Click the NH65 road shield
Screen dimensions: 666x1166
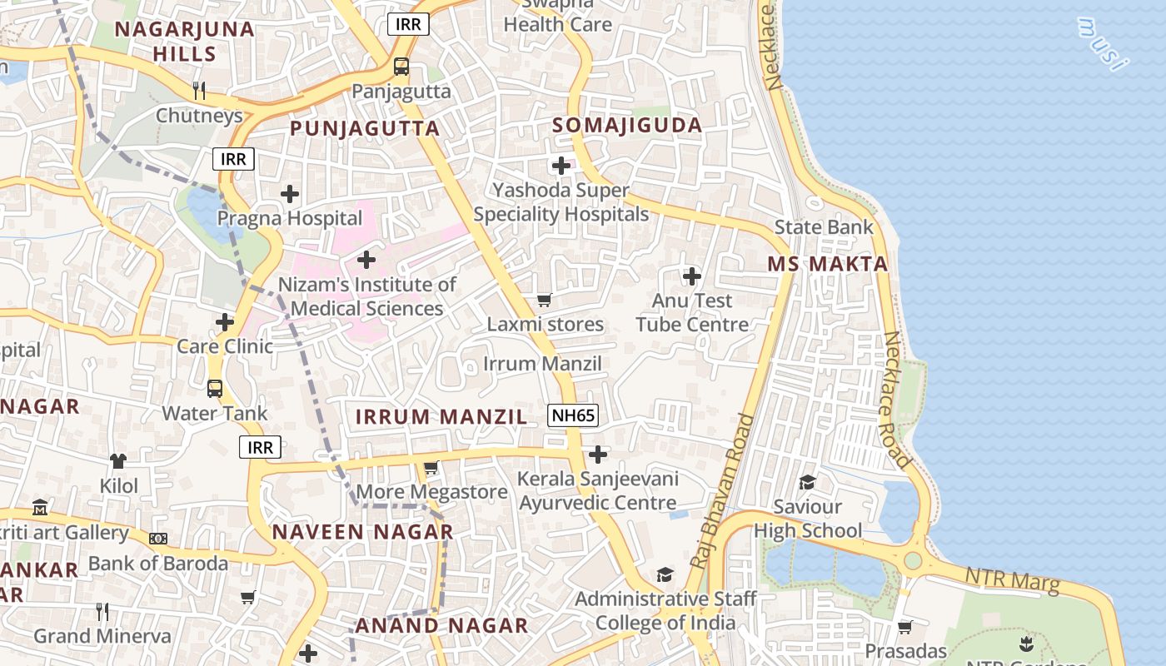574,415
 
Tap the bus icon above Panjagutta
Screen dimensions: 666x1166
401,67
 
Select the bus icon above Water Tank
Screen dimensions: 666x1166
215,389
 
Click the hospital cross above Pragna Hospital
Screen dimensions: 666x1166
289,195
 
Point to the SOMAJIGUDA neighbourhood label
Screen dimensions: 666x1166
628,126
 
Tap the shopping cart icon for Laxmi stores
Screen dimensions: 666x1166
545,300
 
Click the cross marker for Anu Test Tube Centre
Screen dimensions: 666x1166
691,276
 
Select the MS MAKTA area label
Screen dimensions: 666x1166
827,264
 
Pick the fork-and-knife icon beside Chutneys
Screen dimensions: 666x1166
198,91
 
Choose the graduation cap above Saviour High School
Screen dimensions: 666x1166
807,483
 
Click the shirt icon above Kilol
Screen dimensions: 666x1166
118,460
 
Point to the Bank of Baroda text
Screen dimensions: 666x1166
158,564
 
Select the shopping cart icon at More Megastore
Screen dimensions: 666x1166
431,469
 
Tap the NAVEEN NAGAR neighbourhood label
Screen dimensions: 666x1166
362,532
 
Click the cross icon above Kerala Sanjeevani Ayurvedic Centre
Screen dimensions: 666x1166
597,455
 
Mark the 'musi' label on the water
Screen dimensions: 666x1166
1103,44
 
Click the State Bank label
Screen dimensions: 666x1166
824,227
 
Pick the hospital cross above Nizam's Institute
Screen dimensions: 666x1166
366,261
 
